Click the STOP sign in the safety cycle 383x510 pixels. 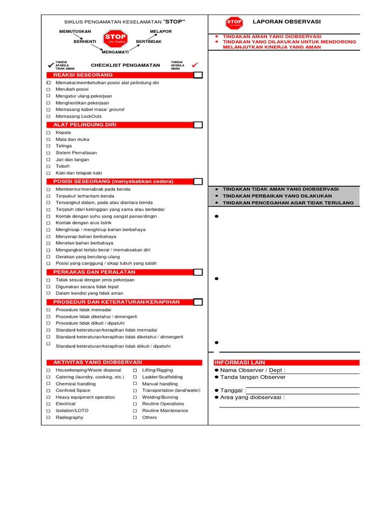click(115, 38)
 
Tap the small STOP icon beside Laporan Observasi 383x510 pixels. click(234, 23)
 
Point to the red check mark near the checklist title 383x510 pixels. click(195, 65)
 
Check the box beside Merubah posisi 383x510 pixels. click(48, 89)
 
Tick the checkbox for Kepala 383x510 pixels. click(48, 133)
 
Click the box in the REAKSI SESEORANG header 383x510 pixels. click(198, 75)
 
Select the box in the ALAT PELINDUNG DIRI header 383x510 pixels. click(198, 125)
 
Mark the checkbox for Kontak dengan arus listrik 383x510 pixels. click(48, 223)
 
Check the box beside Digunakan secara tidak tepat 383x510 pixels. click(48, 287)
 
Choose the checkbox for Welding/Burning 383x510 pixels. click(135, 397)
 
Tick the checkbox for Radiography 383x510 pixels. click(48, 417)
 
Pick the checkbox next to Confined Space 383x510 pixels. click(48, 390)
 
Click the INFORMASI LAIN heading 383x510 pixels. click(240, 363)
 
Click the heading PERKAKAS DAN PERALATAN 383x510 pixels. click(94, 272)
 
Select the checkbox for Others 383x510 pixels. click(135, 417)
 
